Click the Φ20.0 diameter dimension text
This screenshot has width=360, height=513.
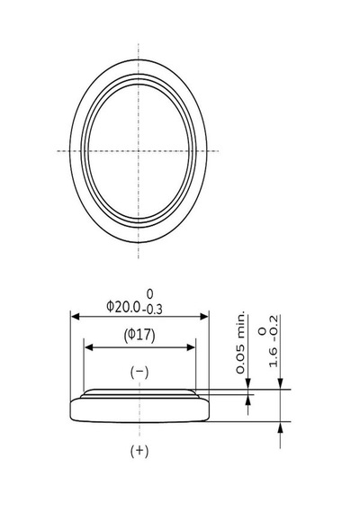point(123,307)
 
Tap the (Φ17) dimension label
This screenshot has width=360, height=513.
point(139,336)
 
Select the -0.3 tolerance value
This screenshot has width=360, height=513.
point(152,310)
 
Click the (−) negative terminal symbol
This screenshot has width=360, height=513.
point(139,372)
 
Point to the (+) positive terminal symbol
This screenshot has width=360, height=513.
point(139,451)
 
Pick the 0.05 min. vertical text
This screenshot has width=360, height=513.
point(240,342)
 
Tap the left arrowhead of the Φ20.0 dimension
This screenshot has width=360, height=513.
point(76,317)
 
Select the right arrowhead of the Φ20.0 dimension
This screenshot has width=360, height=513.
point(204,317)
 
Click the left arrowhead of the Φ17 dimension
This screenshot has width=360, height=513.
point(89,347)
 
